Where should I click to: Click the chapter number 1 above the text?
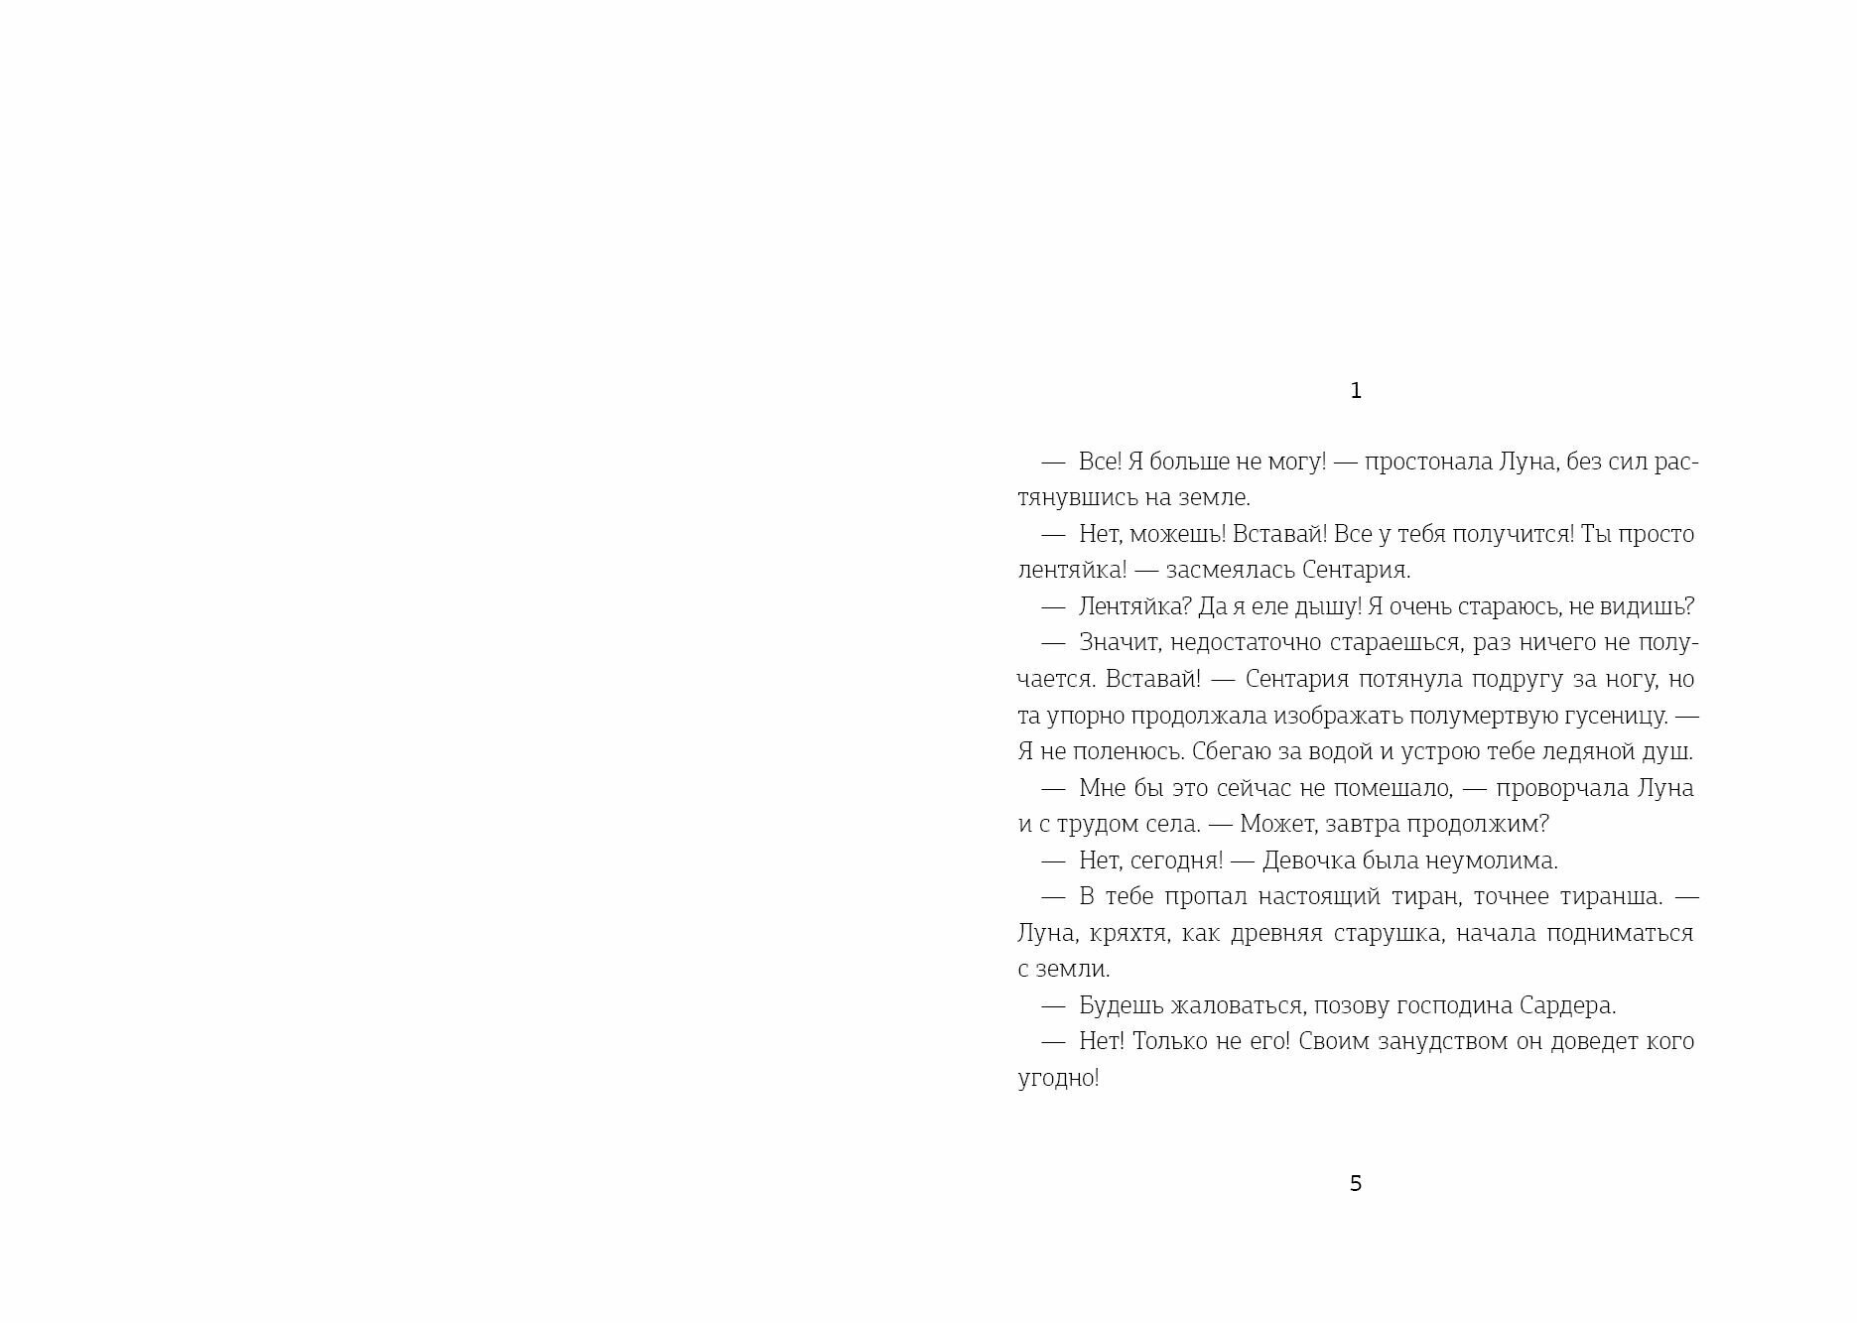click(x=1356, y=391)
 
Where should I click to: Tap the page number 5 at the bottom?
click(x=1356, y=1183)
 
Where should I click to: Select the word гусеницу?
click(x=1617, y=715)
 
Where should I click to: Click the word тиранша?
click(x=1610, y=896)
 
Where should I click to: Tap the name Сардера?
click(x=1567, y=1005)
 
